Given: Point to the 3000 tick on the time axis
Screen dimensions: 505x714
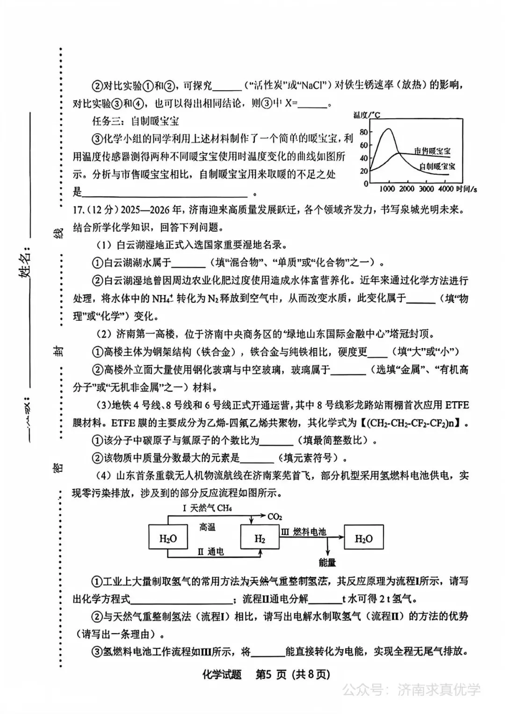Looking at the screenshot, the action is [426, 189].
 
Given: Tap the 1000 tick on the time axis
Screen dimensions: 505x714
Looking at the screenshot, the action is [387, 189].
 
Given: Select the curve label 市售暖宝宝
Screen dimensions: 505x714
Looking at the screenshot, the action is [432, 151].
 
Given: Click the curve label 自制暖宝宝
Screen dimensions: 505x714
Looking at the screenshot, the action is [437, 166].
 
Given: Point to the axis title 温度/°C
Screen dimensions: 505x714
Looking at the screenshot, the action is [367, 115].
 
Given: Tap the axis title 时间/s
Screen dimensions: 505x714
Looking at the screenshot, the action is [466, 189].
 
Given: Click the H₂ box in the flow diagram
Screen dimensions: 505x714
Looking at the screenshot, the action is [260, 539].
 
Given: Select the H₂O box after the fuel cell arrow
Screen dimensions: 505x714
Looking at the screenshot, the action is [364, 539].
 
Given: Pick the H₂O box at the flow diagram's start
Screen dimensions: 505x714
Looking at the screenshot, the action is [168, 539].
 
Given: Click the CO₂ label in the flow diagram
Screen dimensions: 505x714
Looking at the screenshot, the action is [275, 517].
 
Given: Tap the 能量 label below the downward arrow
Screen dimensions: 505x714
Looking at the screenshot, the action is [327, 563].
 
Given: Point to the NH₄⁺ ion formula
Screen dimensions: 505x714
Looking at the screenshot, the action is [164, 298].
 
